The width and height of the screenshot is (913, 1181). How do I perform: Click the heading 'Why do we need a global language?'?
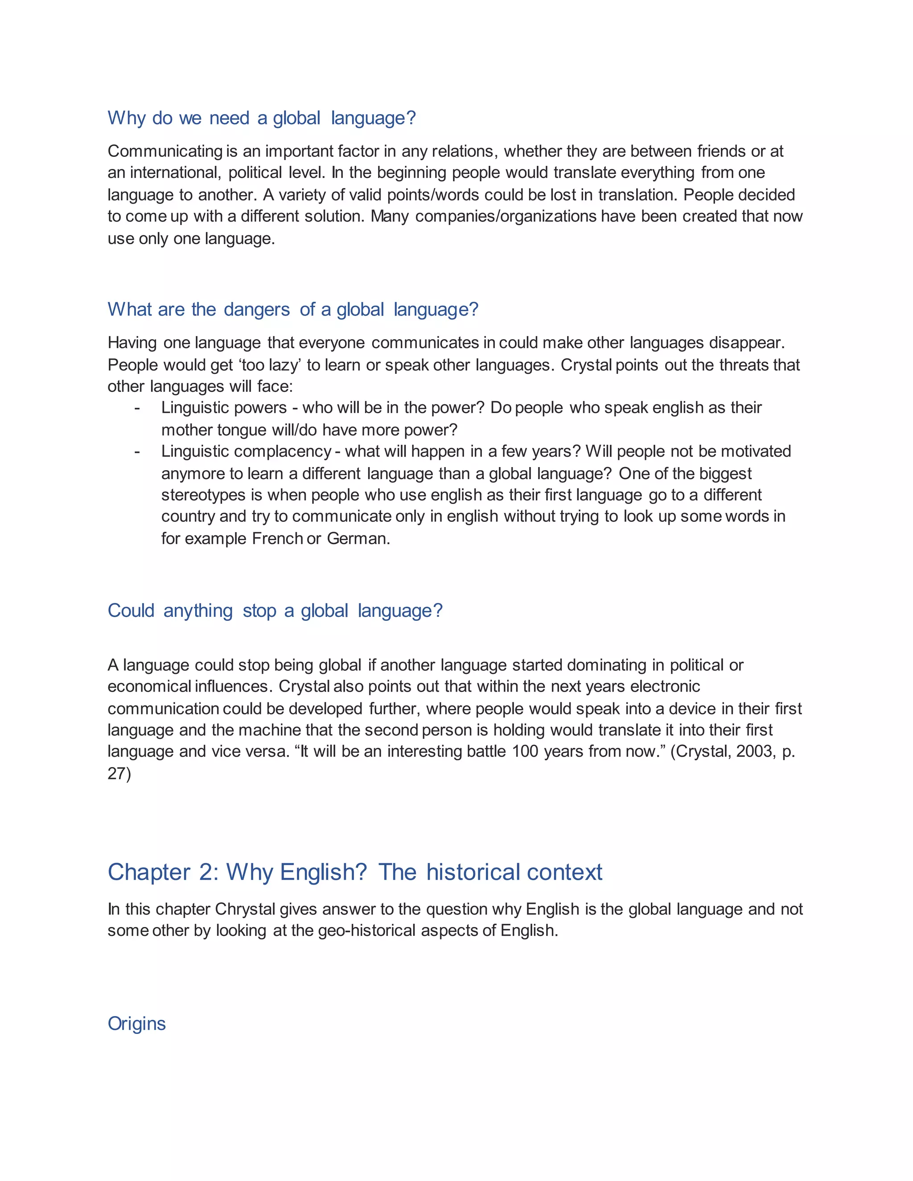[x=262, y=118]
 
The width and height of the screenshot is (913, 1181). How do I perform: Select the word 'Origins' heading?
[x=137, y=1024]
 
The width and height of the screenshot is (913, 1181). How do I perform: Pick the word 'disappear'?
[x=745, y=343]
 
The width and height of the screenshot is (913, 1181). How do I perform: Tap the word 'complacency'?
[x=284, y=451]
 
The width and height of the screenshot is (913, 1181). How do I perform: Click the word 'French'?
[x=277, y=539]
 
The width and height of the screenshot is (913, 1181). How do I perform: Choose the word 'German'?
[x=357, y=539]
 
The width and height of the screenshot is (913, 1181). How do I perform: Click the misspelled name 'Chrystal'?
[x=245, y=909]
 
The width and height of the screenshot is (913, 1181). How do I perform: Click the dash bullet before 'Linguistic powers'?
[x=137, y=408]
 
